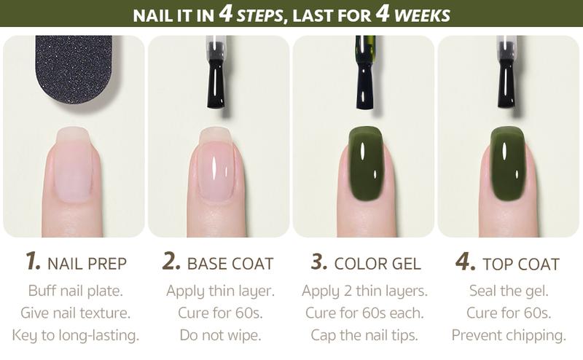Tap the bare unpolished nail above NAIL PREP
(x=73, y=164)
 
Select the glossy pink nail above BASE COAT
(x=216, y=166)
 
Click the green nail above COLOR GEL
(x=366, y=163)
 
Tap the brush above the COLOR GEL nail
(x=364, y=73)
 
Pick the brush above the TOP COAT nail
(x=506, y=73)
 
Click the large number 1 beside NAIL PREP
(x=32, y=262)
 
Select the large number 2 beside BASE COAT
(x=171, y=262)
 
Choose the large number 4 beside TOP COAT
(x=465, y=262)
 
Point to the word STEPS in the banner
(x=259, y=15)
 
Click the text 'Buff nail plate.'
(x=75, y=291)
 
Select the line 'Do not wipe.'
(x=220, y=336)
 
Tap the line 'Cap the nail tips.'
(x=364, y=336)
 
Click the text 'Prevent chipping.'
(x=509, y=336)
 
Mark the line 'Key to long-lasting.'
(x=75, y=336)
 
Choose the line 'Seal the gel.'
(x=509, y=291)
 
